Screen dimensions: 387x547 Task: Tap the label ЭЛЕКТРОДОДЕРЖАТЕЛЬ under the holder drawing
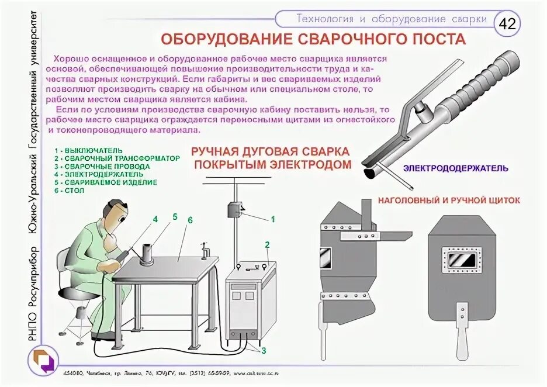pyautogui.click(x=455, y=168)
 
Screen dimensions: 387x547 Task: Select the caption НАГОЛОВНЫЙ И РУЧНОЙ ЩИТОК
pyautogui.click(x=449, y=200)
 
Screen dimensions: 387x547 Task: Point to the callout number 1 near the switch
pyautogui.click(x=272, y=220)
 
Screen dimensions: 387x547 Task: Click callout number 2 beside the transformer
pyautogui.click(x=267, y=244)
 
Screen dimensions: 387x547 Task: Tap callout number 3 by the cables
pyautogui.click(x=263, y=351)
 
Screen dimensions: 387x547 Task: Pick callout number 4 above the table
pyautogui.click(x=155, y=219)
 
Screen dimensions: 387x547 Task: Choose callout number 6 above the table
pyautogui.click(x=190, y=220)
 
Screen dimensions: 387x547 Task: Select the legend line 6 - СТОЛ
pyautogui.click(x=69, y=191)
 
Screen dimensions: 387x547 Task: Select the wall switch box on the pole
pyautogui.click(x=236, y=210)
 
